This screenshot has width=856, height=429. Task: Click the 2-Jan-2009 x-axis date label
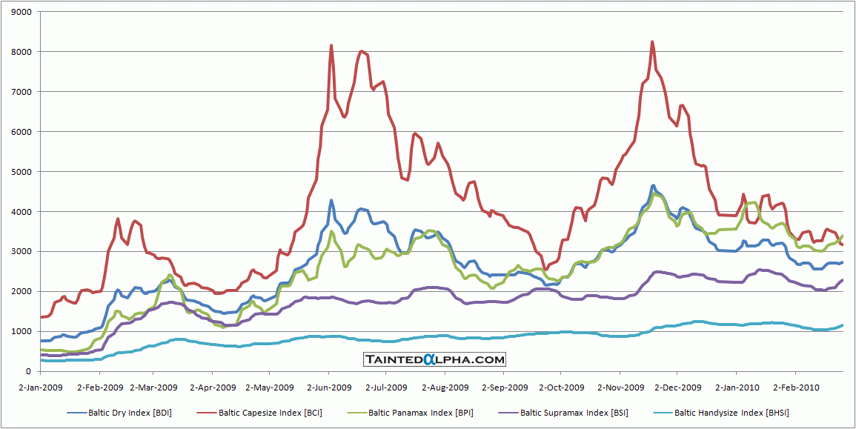point(41,387)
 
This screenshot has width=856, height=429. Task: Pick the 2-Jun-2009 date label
point(328,387)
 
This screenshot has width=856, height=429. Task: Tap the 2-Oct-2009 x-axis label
point(560,387)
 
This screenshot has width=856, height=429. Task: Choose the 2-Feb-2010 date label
point(794,387)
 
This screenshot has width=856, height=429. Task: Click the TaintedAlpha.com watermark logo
point(435,360)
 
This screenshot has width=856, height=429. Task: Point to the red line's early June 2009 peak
point(331,45)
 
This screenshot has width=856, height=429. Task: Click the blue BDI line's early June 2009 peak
point(331,200)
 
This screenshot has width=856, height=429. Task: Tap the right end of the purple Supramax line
point(843,280)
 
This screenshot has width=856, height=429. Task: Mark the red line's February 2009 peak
point(118,219)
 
